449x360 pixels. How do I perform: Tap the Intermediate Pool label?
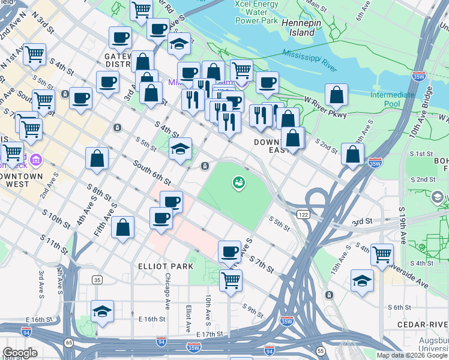(392, 99)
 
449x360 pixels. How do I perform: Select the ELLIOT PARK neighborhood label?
(166, 266)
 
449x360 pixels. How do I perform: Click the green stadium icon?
(238, 182)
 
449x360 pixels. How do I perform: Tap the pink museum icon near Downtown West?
(35, 160)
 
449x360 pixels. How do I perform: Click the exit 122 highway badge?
(303, 214)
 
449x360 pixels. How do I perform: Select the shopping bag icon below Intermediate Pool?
(353, 154)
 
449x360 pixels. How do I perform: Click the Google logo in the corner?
(20, 353)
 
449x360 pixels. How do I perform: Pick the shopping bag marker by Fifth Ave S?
(122, 228)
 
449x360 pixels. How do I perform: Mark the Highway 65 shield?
(69, 342)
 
